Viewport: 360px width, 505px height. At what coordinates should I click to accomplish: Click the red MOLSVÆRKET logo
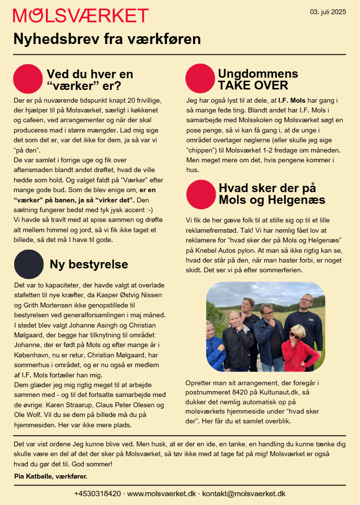click(x=81, y=16)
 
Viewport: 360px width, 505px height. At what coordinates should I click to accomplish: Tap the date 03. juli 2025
click(x=328, y=12)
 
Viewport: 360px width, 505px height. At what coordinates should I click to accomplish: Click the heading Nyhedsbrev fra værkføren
click(x=107, y=39)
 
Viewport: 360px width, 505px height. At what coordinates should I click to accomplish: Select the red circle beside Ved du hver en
click(x=28, y=79)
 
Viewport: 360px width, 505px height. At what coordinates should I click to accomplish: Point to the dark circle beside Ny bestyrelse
click(x=29, y=264)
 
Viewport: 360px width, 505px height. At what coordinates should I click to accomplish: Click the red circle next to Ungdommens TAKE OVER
click(x=201, y=79)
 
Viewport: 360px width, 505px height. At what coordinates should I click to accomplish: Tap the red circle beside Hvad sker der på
click(x=201, y=194)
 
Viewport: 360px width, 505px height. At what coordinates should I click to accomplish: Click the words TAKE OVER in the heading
click(x=253, y=86)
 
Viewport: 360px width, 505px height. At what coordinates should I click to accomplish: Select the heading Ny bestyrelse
click(x=89, y=264)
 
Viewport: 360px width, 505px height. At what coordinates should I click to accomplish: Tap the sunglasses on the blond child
click(x=295, y=335)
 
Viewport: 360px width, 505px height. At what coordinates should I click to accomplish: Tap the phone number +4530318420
click(x=97, y=494)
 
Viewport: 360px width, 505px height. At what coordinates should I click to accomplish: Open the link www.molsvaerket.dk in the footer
click(x=162, y=494)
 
